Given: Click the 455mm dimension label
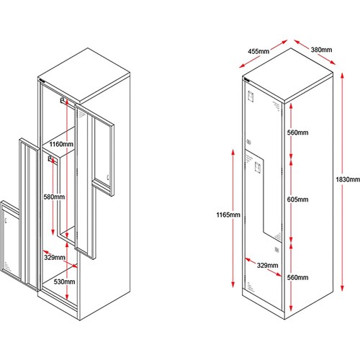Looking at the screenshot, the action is pos(258,51).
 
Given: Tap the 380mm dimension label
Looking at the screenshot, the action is pos(321,50).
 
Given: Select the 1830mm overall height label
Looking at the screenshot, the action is pos(348,179).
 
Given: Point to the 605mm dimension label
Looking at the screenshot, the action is pos(297,199).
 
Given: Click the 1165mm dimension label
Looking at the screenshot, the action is pos(228,215).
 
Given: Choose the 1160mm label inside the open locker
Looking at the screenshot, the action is pos(61,144).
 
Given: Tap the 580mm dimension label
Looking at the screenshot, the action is pos(54,197).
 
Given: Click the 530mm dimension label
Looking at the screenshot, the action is pos(64,282).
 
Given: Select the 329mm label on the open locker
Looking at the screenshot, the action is pos(55,258).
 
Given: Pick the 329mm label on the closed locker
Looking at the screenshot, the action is pos(268,265).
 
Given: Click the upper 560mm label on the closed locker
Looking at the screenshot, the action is pos(297,132).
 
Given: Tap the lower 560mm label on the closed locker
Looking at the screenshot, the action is pos(297,277).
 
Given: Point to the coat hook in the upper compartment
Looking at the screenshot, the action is pos(63,100).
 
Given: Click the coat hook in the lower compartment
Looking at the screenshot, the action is pos(50,158).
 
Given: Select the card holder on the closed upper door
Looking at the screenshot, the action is pos(251,96).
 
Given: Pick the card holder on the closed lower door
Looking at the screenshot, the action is pos(257,167).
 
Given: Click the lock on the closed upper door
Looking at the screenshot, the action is pos(248,143).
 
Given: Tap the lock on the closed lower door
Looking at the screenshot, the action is pos(276,249).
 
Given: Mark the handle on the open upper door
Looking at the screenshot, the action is pos(108,177).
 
